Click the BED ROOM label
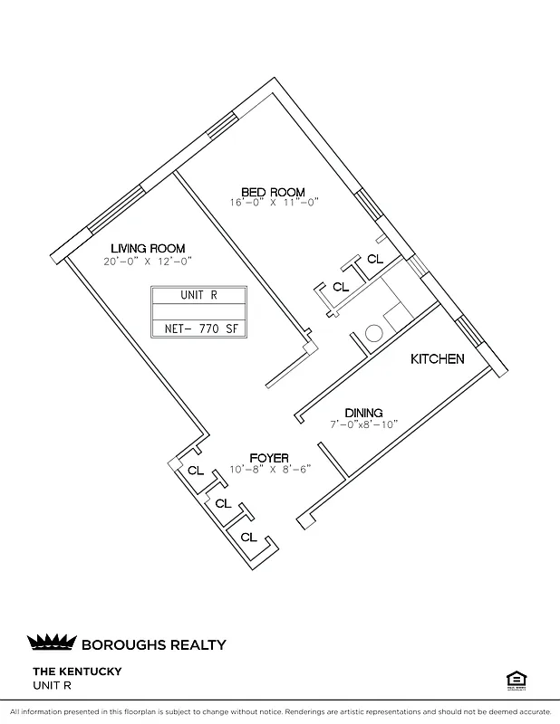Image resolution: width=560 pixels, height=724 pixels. click(x=273, y=192)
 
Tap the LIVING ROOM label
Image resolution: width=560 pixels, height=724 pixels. click(x=148, y=248)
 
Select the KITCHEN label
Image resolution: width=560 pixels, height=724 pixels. click(x=438, y=359)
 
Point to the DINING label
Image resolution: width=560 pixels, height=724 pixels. click(x=363, y=413)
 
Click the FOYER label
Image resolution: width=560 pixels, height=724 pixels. click(x=269, y=459)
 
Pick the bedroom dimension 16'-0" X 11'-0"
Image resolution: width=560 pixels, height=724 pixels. click(x=273, y=204)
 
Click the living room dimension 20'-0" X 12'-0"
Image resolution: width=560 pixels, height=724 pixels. click(x=148, y=261)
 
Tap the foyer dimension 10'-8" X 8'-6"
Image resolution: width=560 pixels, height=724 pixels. click(x=269, y=470)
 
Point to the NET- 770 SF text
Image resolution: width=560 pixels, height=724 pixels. click(x=198, y=329)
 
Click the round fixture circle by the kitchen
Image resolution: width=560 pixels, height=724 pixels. click(x=372, y=334)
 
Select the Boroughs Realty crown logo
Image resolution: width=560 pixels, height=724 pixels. click(x=52, y=643)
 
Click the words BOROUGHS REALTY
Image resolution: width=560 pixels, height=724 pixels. click(x=153, y=645)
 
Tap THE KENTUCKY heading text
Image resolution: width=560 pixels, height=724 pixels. click(x=77, y=672)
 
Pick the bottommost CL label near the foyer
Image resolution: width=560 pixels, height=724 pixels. click(x=248, y=538)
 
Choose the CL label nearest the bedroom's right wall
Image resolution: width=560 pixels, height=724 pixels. click(x=375, y=259)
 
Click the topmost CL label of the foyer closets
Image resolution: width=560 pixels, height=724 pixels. click(x=196, y=471)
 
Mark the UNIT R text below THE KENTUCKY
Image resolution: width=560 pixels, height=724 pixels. click(x=52, y=685)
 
